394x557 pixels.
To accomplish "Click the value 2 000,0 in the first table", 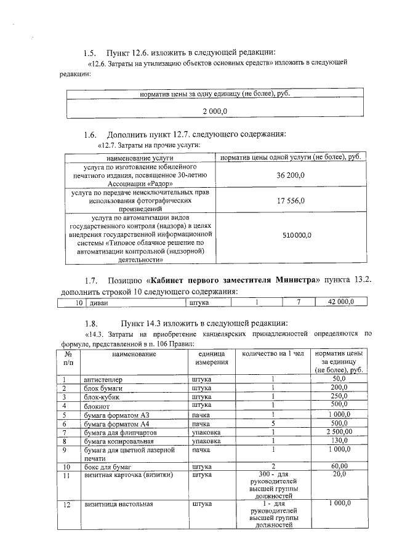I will point(215,111).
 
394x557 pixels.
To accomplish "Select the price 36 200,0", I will point(291,175).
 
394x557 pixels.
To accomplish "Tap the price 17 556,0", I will point(291,201).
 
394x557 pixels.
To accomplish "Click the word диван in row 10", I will point(99,302).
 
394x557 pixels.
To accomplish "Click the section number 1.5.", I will point(90,52).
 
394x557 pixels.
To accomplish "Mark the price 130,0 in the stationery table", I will point(339,441).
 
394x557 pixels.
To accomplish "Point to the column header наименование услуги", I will point(137,158).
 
